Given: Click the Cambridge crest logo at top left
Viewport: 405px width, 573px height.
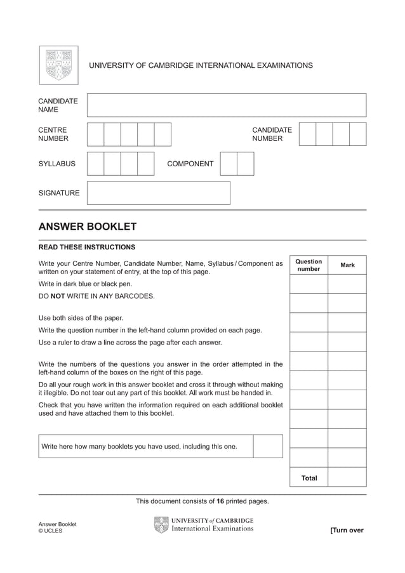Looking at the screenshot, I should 58,65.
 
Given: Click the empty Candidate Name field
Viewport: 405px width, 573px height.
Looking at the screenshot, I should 226,105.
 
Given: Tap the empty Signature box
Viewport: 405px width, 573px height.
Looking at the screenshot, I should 158,193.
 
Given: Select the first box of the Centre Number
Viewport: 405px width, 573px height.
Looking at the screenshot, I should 95,135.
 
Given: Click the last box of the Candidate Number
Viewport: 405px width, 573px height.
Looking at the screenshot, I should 358,135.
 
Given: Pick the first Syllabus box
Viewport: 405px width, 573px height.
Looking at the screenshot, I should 95,164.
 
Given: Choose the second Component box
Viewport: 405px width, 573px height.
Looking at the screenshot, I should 246,164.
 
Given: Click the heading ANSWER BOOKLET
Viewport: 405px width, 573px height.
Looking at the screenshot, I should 88,227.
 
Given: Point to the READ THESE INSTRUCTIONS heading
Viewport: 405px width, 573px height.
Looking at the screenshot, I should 87,247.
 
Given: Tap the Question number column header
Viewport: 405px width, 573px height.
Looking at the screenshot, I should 309,265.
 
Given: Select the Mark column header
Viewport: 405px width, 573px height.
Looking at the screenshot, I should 347,265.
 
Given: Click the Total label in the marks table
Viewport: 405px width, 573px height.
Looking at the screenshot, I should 309,478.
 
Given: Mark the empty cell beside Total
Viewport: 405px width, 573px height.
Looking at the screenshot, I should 347,477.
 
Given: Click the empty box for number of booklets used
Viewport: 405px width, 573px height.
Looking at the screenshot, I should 267,446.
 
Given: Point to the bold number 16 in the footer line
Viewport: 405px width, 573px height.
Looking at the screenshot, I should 220,501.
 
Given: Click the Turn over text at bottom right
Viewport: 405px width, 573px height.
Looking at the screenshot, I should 347,530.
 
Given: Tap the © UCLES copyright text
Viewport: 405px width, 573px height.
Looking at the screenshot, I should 51,531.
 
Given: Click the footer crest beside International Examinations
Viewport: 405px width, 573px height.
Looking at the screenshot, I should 161,525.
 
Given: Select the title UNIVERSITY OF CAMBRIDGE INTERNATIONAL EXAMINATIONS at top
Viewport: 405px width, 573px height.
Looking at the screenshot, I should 201,65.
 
